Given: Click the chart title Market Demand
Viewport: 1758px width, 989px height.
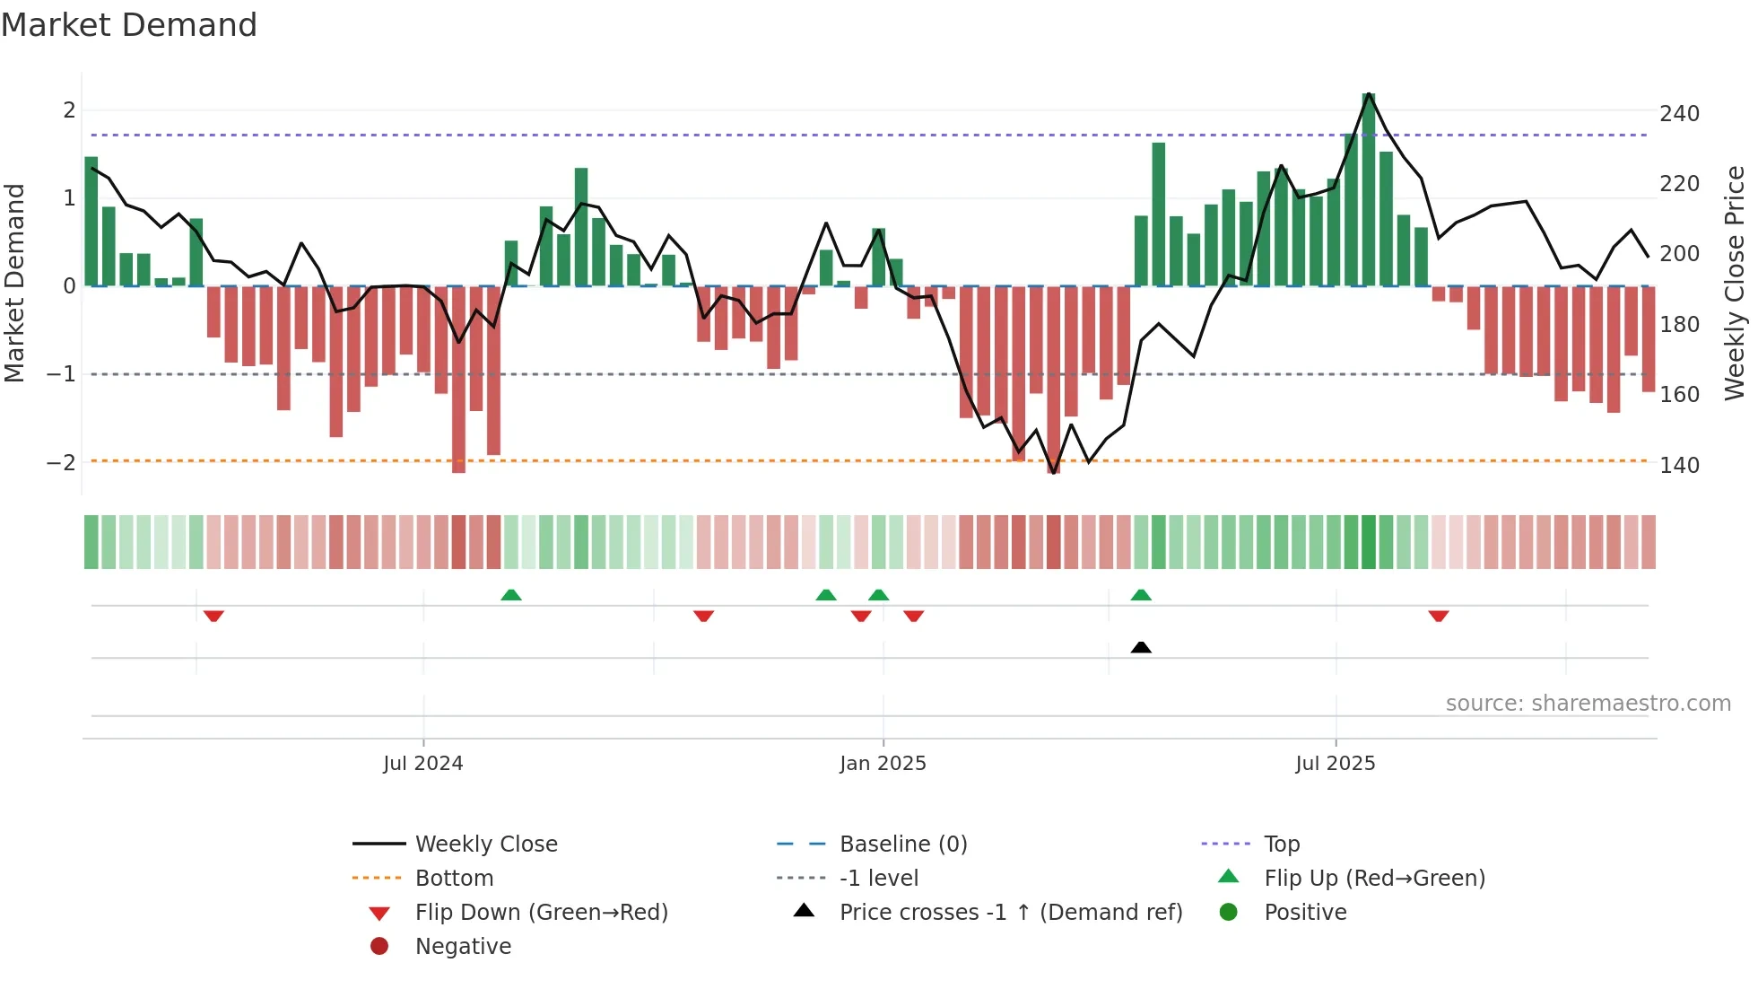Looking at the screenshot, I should (129, 25).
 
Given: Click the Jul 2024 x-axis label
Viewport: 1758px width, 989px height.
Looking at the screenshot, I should (422, 764).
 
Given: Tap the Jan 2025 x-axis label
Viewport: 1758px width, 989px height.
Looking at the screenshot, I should (883, 764).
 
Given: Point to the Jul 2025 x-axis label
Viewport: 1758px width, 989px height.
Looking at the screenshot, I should (1335, 764).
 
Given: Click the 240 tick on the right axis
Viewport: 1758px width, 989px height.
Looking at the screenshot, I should (1679, 114).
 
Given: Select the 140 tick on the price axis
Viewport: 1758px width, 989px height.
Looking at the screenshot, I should (1679, 466).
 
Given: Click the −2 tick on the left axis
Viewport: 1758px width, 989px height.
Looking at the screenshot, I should (61, 463).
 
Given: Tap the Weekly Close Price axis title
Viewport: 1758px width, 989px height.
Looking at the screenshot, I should (1735, 283).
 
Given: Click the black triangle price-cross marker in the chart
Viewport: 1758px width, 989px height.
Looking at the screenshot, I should (1141, 648).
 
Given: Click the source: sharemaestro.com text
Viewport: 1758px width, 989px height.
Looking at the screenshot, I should (1588, 704).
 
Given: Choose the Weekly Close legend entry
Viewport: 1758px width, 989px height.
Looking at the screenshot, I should (485, 845).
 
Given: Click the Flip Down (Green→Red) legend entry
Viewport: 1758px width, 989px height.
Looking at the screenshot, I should (541, 913).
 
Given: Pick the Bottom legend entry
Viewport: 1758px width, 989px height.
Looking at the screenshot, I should (454, 879).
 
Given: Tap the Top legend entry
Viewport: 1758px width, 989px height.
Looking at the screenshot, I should (1281, 845).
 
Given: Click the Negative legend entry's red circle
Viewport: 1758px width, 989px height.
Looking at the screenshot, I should (379, 947).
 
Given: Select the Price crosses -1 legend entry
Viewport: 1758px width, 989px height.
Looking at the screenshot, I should (1010, 913).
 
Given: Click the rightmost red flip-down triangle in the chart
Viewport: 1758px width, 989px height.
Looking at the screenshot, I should (1439, 616).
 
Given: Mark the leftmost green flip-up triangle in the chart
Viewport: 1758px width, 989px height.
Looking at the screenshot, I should (510, 595).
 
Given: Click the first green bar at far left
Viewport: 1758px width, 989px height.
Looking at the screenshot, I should (91, 222).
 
